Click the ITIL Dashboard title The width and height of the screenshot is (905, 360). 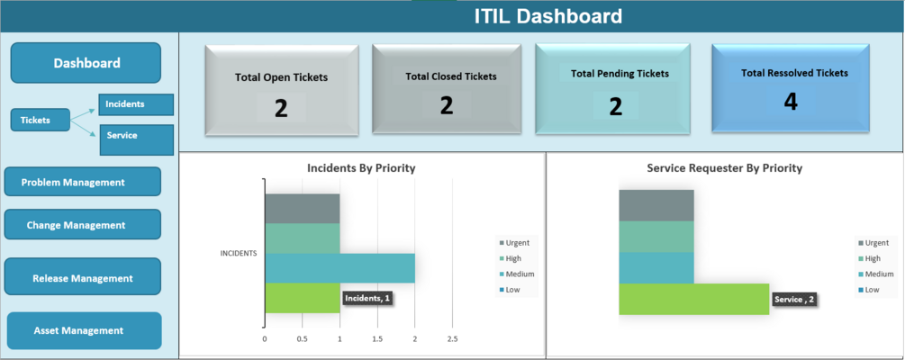pyautogui.click(x=548, y=16)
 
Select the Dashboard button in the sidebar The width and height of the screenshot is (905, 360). pyautogui.click(x=86, y=63)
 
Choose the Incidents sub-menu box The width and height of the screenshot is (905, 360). pyautogui.click(x=135, y=104)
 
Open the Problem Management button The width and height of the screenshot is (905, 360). pyautogui.click(x=82, y=182)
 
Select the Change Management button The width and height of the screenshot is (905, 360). pyautogui.click(x=82, y=225)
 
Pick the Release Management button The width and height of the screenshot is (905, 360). pyautogui.click(x=82, y=278)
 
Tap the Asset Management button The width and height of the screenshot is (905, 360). pyautogui.click(x=84, y=330)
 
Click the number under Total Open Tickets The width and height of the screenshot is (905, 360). pyautogui.click(x=281, y=109)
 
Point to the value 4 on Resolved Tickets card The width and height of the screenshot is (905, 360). pyautogui.click(x=791, y=102)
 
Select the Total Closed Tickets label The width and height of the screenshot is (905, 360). pyautogui.click(x=450, y=76)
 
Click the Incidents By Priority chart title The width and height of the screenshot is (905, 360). pyautogui.click(x=361, y=168)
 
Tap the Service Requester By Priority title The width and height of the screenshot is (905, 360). pyautogui.click(x=724, y=168)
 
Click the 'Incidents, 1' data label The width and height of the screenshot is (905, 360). pyautogui.click(x=368, y=298)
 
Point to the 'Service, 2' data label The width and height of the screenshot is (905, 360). pyautogui.click(x=794, y=300)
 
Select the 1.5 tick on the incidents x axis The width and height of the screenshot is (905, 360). pyautogui.click(x=376, y=339)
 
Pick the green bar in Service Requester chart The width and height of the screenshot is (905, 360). pyautogui.click(x=693, y=299)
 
